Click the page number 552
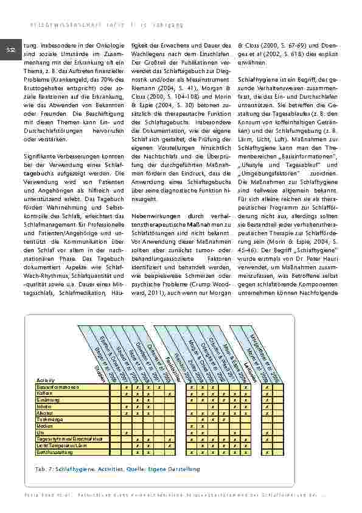pyautogui.click(x=10, y=50)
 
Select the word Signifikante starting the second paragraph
pyautogui.click(x=41, y=158)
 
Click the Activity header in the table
pyautogui.click(x=46, y=380)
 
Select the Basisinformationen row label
pyautogui.click(x=55, y=387)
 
